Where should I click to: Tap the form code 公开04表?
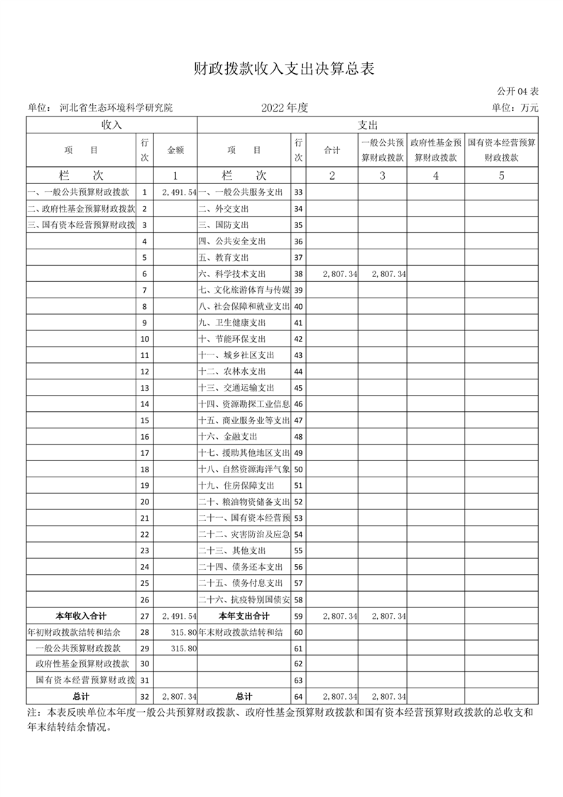coord(518,92)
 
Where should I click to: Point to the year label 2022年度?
coord(284,108)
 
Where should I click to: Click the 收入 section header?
coord(111,124)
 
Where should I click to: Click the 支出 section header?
coord(368,124)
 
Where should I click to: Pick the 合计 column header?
coord(332,151)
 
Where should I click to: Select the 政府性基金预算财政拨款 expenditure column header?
coord(437,151)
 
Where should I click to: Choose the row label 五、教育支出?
coord(224,258)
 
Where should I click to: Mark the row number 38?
coord(298,274)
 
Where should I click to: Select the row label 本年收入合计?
coord(81,616)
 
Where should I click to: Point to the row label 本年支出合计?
coord(244,616)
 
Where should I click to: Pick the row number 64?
coord(298,697)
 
